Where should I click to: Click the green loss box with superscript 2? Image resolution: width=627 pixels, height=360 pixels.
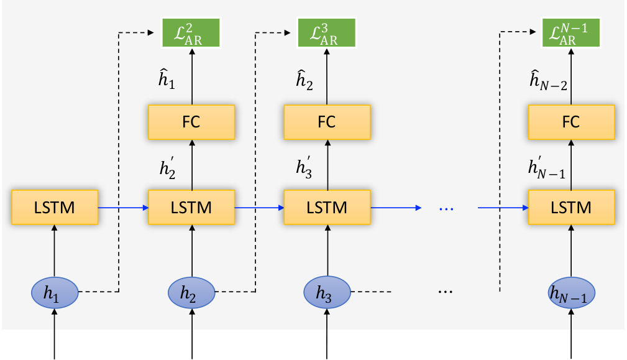tap(191, 32)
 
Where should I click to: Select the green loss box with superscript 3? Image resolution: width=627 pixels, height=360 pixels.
tap(327, 32)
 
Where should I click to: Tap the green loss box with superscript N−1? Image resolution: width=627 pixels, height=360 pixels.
tap(571, 32)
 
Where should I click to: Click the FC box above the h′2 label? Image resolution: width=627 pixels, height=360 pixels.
tap(191, 122)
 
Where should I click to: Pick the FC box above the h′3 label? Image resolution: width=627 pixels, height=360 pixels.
tap(327, 122)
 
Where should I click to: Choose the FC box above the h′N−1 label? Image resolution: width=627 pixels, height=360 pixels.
tap(572, 122)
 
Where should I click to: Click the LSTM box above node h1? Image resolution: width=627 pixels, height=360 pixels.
tap(55, 207)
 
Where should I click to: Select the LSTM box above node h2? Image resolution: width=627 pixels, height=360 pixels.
tap(191, 207)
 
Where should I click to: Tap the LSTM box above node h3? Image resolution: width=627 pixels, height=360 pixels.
tap(327, 207)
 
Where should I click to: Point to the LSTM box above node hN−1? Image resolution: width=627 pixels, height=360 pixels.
tap(572, 207)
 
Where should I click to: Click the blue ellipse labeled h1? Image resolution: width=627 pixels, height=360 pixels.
tap(55, 293)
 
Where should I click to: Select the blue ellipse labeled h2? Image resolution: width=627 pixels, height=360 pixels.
tap(191, 293)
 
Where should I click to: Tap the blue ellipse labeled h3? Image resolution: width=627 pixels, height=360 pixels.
tap(327, 292)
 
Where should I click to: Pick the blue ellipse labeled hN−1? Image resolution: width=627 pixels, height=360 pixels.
tap(572, 293)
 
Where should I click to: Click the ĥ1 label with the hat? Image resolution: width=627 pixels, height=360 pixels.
tap(167, 79)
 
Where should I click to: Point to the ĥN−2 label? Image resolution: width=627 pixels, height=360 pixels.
tap(548, 80)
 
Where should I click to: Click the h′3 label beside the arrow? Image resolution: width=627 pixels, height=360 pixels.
tap(304, 167)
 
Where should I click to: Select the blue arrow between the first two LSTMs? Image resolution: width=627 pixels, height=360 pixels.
tap(123, 208)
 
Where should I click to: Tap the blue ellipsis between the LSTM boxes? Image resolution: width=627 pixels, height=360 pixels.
tap(446, 209)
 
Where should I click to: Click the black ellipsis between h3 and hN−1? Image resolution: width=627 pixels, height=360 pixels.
tap(446, 292)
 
